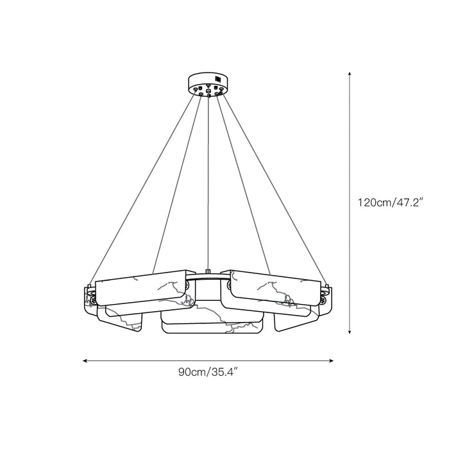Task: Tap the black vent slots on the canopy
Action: click(x=217, y=79)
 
